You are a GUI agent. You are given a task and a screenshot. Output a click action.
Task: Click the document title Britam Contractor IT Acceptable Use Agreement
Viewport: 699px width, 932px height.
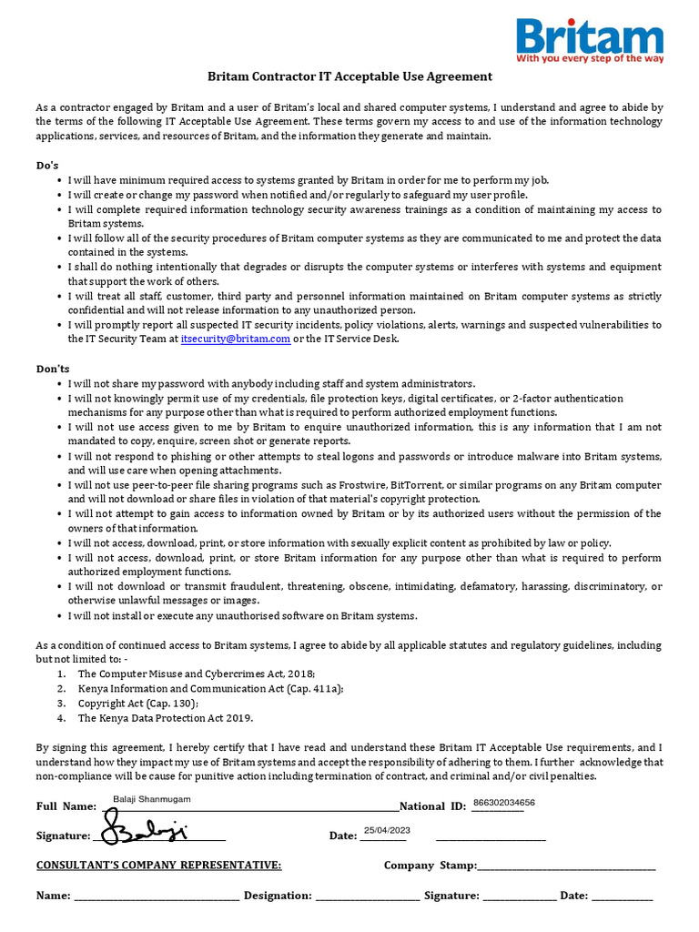tap(349, 77)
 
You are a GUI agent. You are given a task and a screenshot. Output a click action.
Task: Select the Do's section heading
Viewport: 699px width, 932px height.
tap(47, 166)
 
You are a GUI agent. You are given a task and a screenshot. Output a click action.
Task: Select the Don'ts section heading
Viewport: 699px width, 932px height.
tap(53, 370)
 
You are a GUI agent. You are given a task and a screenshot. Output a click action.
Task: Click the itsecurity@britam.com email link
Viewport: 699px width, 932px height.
tap(236, 339)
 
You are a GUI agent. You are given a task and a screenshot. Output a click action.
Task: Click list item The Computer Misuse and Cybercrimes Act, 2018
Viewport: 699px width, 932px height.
tap(196, 674)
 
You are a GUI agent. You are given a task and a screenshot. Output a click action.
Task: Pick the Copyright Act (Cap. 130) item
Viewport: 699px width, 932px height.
tap(137, 704)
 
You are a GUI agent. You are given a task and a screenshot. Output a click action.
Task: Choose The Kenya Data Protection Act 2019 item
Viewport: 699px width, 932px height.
tap(165, 718)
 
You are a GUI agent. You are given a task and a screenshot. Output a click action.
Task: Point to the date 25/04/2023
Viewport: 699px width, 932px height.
tap(387, 830)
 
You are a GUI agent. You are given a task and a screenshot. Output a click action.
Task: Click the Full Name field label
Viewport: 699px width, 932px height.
tap(66, 806)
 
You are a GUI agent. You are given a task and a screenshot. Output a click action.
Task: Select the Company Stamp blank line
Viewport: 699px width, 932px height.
tap(566, 866)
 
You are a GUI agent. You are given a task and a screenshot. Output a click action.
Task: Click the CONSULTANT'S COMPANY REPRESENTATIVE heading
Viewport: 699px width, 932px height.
tap(158, 866)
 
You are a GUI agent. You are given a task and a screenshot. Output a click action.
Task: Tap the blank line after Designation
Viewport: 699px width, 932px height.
tap(367, 897)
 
